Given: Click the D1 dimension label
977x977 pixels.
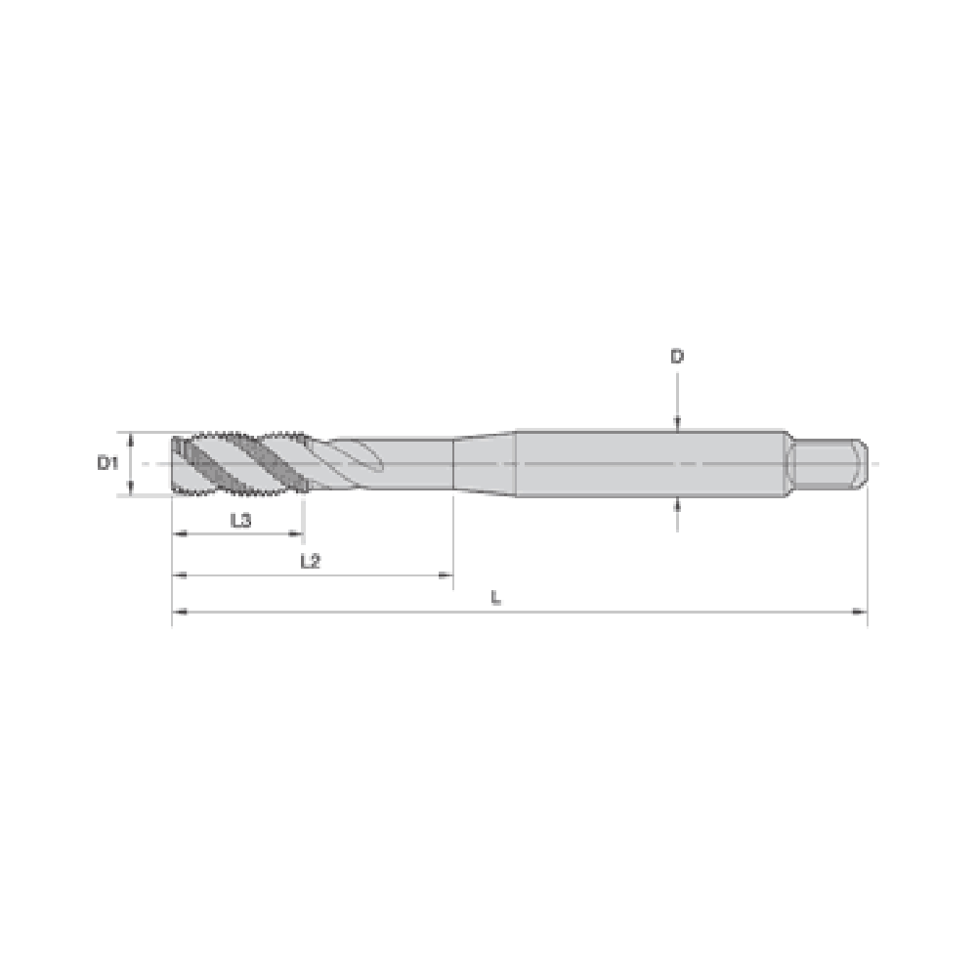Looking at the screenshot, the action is click(107, 463).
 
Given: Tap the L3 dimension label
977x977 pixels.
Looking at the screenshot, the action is click(240, 521).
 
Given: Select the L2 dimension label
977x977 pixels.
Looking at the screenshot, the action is click(311, 562).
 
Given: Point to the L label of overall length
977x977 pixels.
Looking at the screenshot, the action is click(496, 598).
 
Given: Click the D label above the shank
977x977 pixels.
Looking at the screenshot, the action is click(677, 357).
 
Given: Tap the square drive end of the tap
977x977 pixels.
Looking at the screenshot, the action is click(828, 463).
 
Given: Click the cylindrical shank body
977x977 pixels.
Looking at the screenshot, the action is click(651, 463).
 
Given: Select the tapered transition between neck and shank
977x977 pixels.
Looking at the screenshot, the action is click(485, 463).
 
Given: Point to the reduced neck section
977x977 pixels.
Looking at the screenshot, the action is click(411, 463).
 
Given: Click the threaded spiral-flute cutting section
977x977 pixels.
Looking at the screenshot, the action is click(240, 463).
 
